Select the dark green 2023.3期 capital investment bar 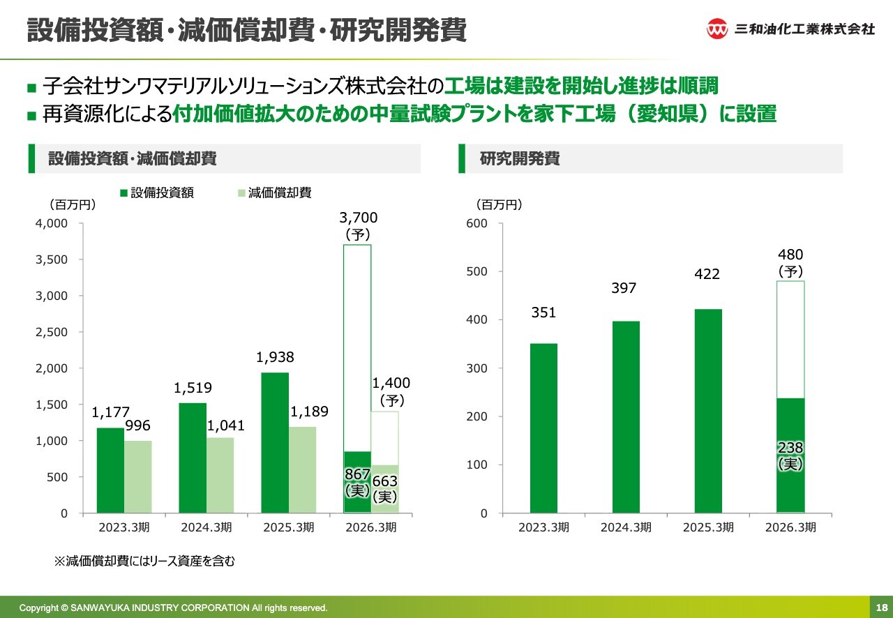(x=110, y=470)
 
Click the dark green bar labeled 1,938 (x=275, y=442)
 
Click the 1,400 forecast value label (x=391, y=383)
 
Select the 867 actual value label (x=357, y=474)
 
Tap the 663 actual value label (x=384, y=481)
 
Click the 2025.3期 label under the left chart (x=289, y=527)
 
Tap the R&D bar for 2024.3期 (x=626, y=416)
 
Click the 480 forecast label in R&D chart (x=790, y=255)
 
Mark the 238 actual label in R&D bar (x=790, y=448)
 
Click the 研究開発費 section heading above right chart (x=520, y=159)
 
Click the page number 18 (x=880, y=608)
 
